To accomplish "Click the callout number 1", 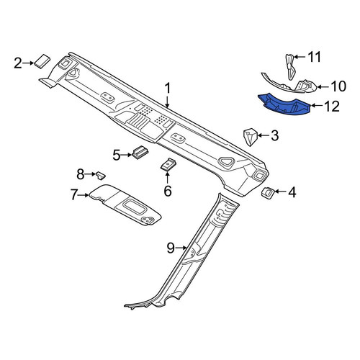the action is tap(168, 89).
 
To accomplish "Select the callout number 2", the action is tap(18, 63).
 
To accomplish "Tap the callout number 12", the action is tap(332, 107).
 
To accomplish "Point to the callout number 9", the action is tap(171, 248).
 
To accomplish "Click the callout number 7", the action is tap(74, 195).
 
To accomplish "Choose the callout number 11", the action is tap(314, 57).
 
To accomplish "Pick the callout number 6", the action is tap(168, 191).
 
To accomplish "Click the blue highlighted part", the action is tap(284, 105).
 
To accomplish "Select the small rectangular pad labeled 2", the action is tap(42, 61).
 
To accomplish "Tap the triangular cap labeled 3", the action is tap(250, 137).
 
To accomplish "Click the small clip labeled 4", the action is tap(268, 193).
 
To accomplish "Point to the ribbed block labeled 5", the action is tap(140, 153).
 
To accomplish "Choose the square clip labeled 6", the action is tap(168, 165).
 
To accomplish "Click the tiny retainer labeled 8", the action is tap(101, 175).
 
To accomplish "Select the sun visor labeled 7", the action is tap(125, 204).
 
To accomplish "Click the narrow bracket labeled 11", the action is tap(290, 67).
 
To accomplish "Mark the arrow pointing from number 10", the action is tap(324, 86).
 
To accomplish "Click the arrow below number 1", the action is tap(168, 101).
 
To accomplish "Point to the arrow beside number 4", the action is tap(280, 192).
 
